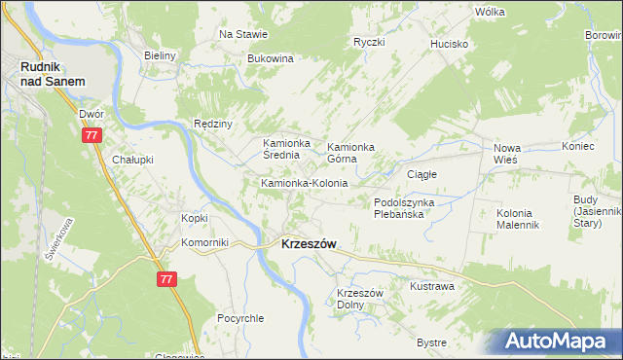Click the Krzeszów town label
point(309,245)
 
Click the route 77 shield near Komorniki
point(165,279)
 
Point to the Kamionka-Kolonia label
point(304,183)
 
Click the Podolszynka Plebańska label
point(411,207)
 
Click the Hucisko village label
point(452,45)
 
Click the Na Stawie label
point(243,34)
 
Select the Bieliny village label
point(159,55)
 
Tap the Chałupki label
point(133,160)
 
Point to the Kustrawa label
point(432,287)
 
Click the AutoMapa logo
point(557,342)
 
